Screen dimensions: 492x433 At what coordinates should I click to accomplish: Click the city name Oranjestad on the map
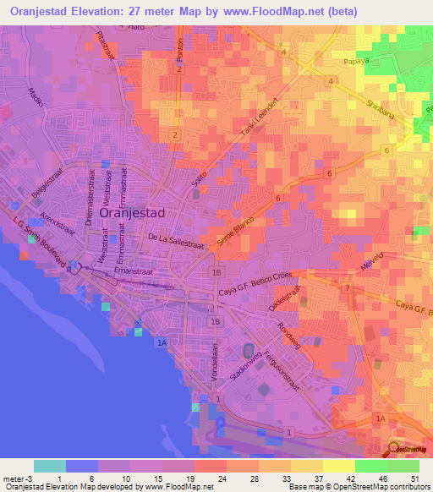point(132,214)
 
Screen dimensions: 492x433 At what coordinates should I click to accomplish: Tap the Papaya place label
point(359,62)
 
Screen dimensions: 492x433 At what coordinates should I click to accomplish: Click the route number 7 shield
point(347,289)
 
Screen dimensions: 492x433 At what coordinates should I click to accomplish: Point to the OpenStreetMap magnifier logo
point(396,450)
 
